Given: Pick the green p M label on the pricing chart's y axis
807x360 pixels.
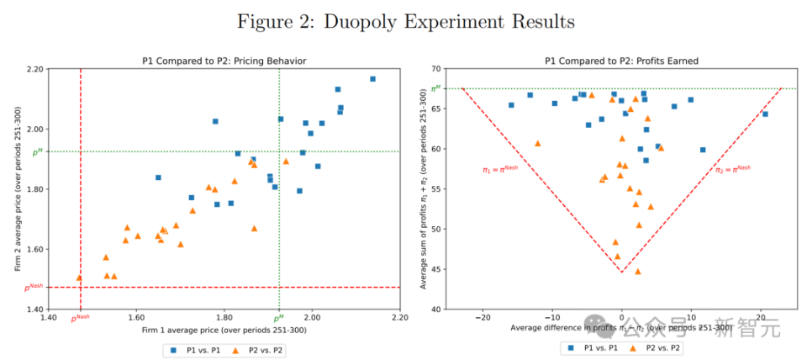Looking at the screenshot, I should pos(38,152).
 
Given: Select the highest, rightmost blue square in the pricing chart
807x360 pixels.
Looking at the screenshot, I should pos(372,79).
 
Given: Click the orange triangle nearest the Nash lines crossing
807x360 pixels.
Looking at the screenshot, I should pos(79,277).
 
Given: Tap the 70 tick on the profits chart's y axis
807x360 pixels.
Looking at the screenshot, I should pos(435,69).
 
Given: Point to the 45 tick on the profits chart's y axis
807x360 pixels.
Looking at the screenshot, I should pos(435,269).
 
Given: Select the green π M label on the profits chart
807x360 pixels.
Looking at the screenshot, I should pos(435,88).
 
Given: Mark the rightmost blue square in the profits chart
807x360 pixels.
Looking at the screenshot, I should pos(765,114).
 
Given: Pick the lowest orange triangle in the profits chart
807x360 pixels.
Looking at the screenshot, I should pos(637,272).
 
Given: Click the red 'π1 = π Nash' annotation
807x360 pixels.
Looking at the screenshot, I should pos(500,169).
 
